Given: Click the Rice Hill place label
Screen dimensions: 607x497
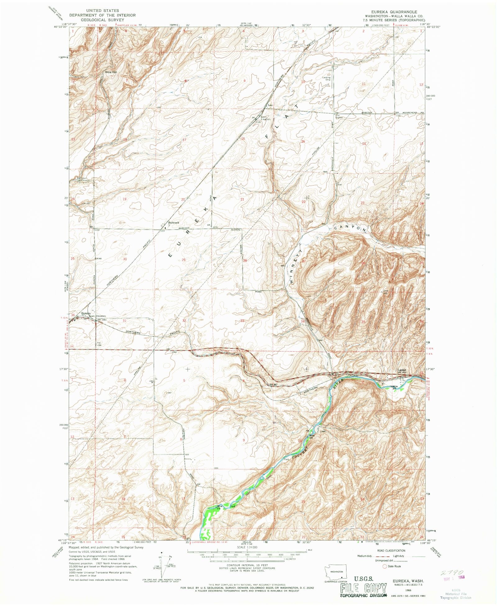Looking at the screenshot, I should [x=111, y=72].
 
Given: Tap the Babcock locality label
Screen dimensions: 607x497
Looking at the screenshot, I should [x=174, y=223].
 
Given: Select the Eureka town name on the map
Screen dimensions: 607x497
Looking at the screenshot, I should [x=86, y=313].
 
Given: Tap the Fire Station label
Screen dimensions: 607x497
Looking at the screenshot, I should [x=338, y=117].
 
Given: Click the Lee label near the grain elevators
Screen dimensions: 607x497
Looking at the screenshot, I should [x=270, y=105].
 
